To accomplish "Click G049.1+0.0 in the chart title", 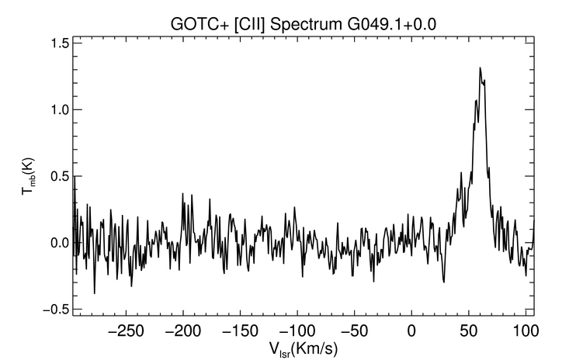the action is pos(391,25).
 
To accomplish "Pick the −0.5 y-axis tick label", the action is pos(56,310).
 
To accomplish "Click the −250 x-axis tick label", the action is pos(126,331).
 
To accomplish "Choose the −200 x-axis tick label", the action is pos(183,331).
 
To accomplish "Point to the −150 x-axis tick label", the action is pos(240,331).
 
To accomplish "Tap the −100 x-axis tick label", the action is pos(297,331).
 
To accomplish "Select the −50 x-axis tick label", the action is pos(354,331).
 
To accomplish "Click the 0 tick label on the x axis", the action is pos(411,331).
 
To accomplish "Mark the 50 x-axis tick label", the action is pos(469,331).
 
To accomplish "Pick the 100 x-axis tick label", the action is pos(526,331).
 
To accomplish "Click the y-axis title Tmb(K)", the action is pos(28,177).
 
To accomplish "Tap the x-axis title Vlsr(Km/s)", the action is pos(304,349).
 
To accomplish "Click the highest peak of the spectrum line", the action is pos(480,68).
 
